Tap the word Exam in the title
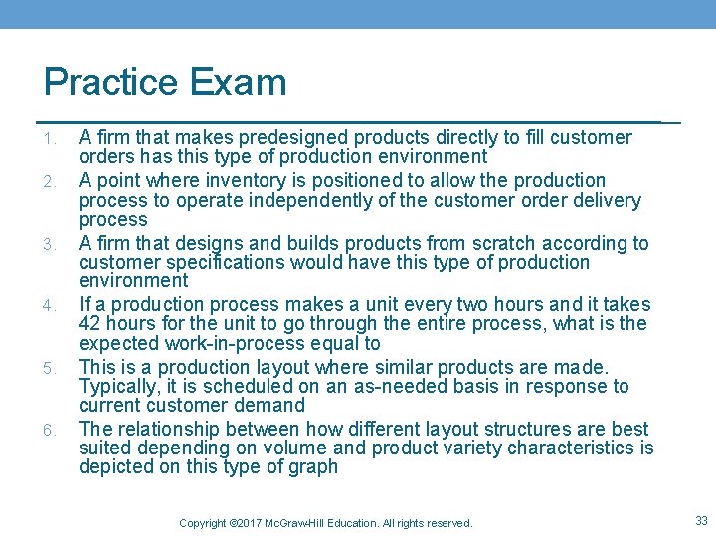click(x=242, y=83)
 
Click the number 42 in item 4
click(x=89, y=324)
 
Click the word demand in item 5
click(x=273, y=406)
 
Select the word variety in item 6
click(x=492, y=448)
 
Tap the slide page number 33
click(x=700, y=519)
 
